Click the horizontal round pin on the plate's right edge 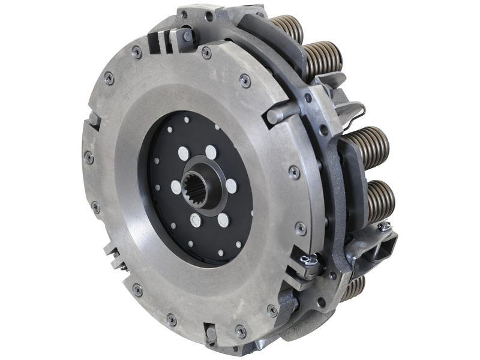point(282,112)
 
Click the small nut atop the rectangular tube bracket point(384,226)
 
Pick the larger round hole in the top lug point(208,17)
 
